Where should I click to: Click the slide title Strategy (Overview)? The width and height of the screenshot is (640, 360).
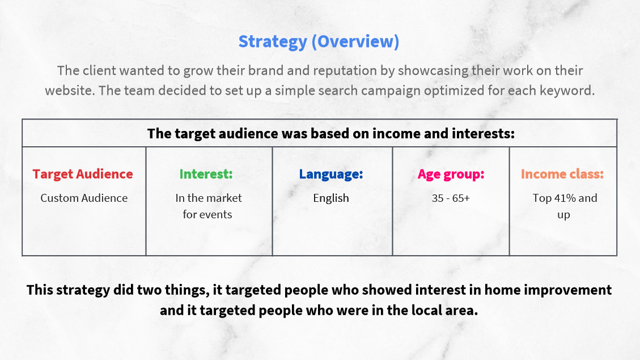point(319,41)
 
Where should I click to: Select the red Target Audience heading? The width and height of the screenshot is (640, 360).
point(83,174)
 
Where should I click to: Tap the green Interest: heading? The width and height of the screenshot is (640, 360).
point(206,174)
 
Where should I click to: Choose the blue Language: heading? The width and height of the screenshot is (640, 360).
point(331,174)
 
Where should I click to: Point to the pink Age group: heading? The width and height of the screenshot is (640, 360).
point(451,175)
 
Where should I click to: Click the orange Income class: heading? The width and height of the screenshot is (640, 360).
point(562,174)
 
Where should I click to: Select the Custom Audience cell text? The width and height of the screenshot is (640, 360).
point(84,198)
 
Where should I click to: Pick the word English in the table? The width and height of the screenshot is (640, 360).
point(331,198)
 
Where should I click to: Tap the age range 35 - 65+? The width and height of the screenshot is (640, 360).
point(451,198)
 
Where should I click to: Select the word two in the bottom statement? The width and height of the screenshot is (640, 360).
point(149,290)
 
